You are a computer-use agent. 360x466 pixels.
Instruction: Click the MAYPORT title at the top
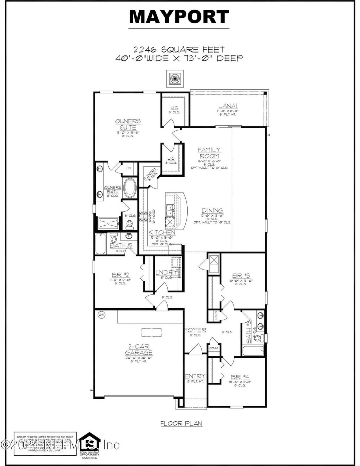click(179, 17)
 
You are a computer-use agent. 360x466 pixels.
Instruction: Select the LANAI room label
click(228, 106)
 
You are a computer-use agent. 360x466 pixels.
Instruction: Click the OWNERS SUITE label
click(128, 124)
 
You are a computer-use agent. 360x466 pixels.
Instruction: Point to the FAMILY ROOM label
click(209, 153)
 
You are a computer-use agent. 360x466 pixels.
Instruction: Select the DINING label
click(212, 210)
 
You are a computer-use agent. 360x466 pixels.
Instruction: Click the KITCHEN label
click(162, 232)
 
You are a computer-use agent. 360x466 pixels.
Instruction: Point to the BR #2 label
click(120, 275)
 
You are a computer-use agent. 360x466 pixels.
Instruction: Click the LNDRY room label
click(166, 272)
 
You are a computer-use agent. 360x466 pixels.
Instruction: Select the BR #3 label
click(241, 276)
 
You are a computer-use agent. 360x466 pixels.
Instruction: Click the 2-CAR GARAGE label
click(138, 349)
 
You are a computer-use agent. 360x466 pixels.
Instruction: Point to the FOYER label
click(195, 330)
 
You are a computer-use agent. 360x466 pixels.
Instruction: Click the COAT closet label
click(214, 348)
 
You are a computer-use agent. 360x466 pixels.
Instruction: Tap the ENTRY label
click(195, 376)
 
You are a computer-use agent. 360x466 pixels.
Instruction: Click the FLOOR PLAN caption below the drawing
click(181, 423)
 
